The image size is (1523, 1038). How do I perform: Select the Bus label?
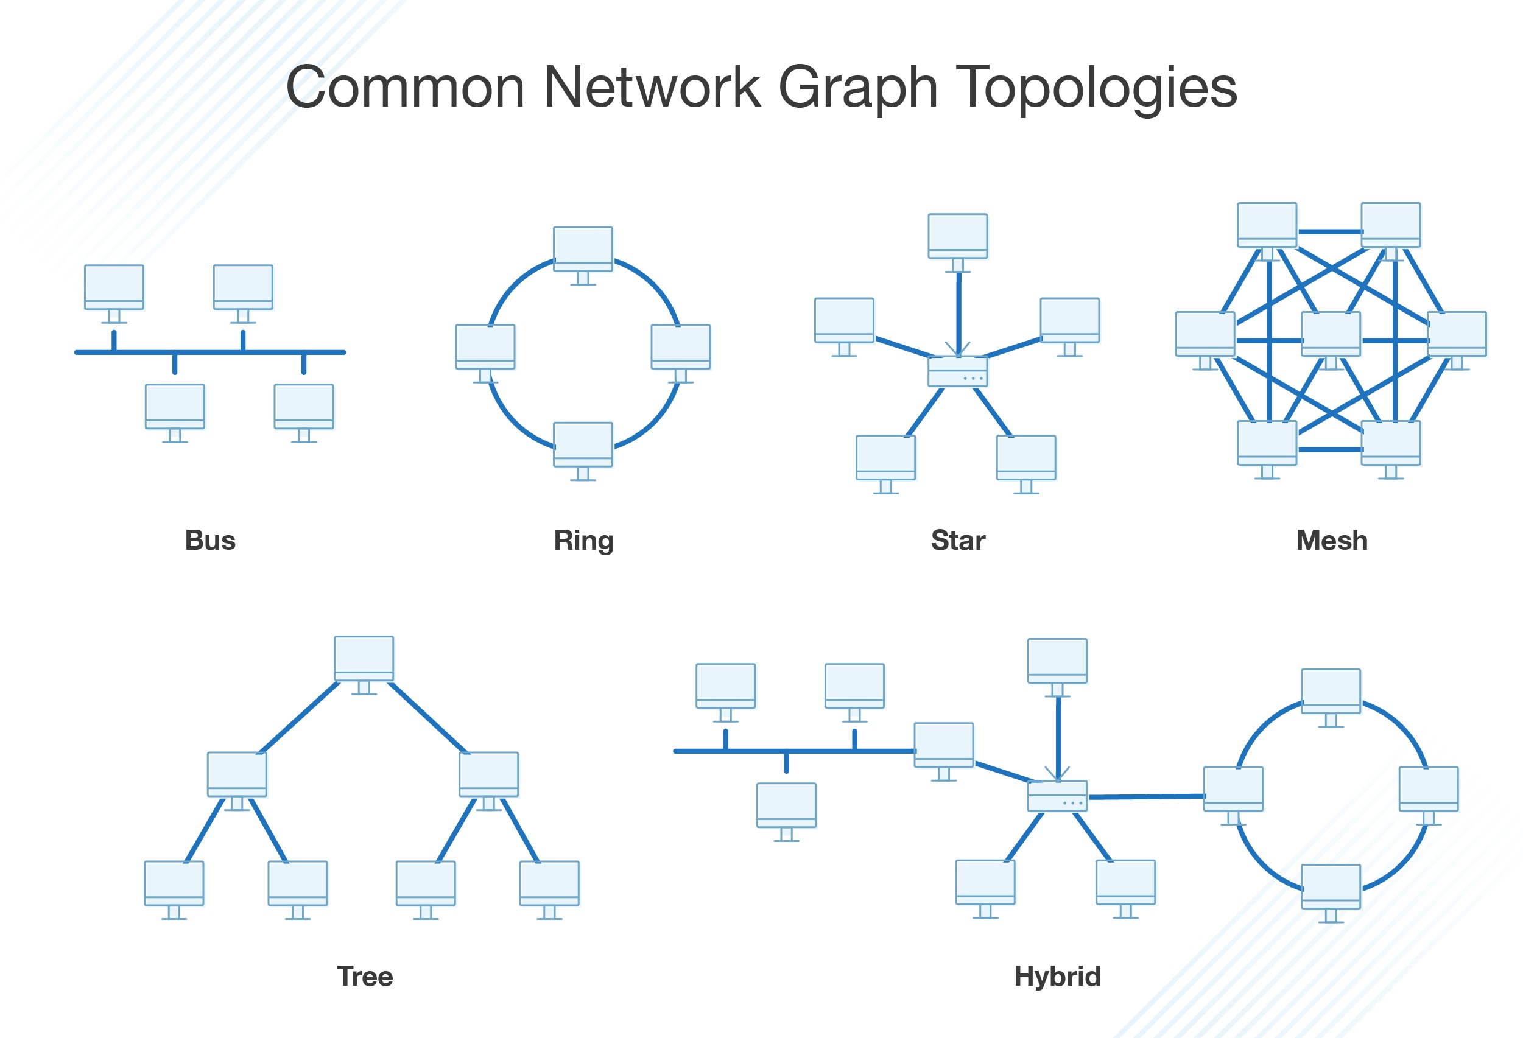pos(209,541)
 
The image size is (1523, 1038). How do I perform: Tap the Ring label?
pos(583,541)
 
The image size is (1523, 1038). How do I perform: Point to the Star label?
pos(958,541)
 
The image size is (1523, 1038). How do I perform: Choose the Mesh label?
pos(1332,541)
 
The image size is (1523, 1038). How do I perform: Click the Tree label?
pos(364,977)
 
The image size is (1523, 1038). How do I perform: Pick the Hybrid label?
pos(1057,977)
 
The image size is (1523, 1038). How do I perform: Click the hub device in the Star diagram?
pos(957,371)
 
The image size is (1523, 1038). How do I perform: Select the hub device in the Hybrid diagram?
pos(1057,796)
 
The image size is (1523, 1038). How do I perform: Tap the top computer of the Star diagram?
pos(957,237)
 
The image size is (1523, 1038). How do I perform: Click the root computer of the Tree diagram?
pos(364,659)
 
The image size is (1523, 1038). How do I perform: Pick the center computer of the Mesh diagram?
pos(1331,334)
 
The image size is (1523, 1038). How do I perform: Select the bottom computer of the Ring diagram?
pos(583,445)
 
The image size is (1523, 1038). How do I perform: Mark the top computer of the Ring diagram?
pos(583,250)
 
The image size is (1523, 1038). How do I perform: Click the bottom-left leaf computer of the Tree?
pos(174,883)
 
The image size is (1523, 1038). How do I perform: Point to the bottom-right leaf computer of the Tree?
pos(549,883)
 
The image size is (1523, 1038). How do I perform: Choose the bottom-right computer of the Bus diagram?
pos(303,407)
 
